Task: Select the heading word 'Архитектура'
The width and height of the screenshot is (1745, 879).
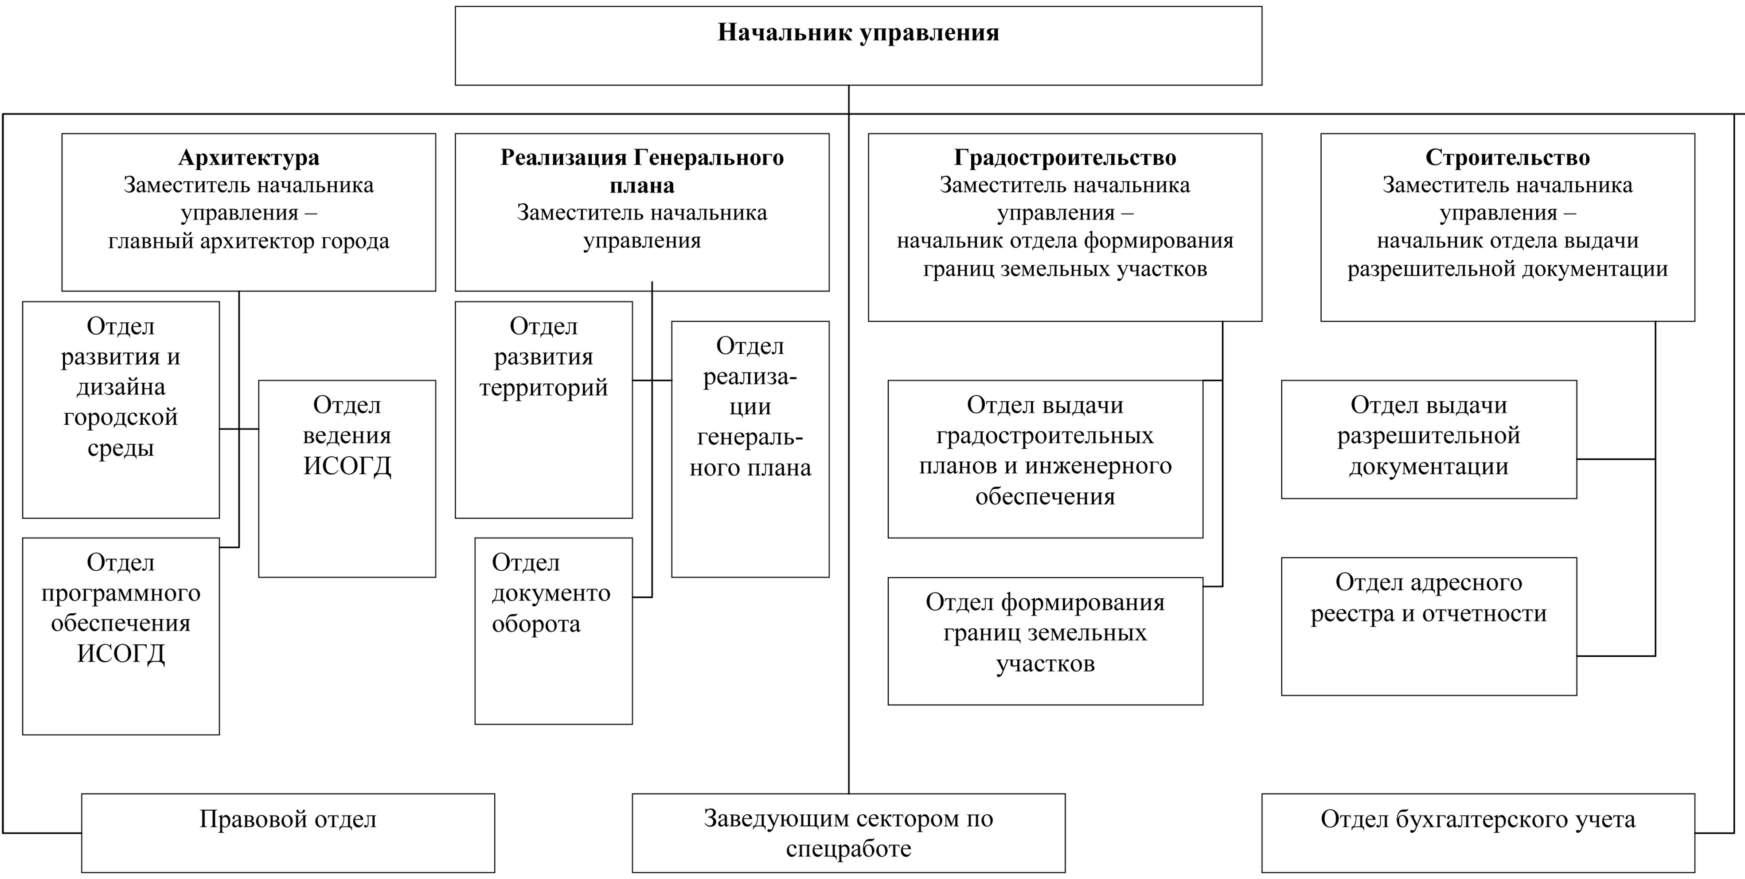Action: coord(249,158)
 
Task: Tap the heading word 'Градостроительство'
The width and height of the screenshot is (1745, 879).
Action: coord(1065,158)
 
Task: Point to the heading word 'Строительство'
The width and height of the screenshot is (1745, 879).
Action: coord(1507,158)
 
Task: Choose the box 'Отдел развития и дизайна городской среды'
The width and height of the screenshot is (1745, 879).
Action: coord(121,410)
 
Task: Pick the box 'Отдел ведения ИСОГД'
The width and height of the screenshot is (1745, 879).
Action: coord(347,479)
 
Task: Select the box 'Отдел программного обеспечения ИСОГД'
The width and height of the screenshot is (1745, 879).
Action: coord(121,636)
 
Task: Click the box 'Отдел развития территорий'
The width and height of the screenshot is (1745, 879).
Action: coord(543,410)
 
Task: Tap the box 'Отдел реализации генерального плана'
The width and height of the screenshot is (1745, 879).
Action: coord(750,449)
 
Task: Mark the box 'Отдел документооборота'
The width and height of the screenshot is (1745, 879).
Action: coord(554,631)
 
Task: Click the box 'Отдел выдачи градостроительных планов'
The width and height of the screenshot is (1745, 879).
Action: coord(1045,459)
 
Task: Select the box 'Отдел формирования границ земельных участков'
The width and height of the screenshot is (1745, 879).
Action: coord(1045,641)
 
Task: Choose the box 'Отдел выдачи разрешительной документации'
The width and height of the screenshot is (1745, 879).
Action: coord(1429,439)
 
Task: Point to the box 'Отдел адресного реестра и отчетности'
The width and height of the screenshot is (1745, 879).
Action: coord(1429,626)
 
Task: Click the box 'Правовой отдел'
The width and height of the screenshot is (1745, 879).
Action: coord(288,833)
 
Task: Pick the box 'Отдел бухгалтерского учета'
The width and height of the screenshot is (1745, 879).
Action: coord(1478,833)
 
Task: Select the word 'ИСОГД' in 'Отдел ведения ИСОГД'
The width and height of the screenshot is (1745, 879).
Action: coord(347,466)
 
